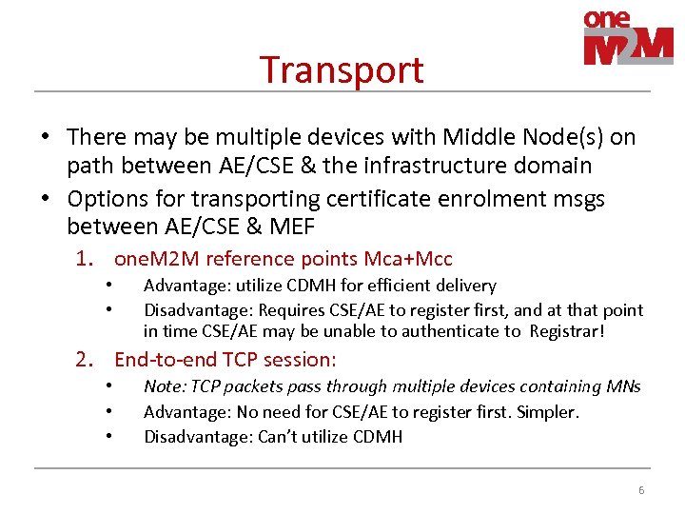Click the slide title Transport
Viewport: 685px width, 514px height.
click(x=342, y=70)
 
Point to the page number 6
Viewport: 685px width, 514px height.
click(x=641, y=490)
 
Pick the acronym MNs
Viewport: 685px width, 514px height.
click(x=623, y=386)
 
